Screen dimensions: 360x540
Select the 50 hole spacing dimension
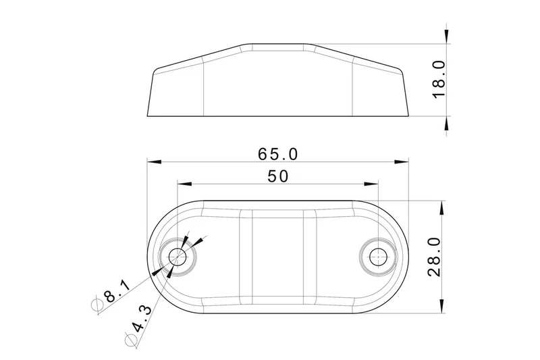(277, 176)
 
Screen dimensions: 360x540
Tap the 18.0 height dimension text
(439, 79)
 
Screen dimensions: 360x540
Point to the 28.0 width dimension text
(434, 257)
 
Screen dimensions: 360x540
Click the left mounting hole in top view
(178, 256)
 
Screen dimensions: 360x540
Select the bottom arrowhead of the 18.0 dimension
(446, 123)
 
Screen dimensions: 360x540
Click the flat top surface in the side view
(277, 46)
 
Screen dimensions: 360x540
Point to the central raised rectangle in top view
(277, 257)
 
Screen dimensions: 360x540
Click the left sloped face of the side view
(196, 58)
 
